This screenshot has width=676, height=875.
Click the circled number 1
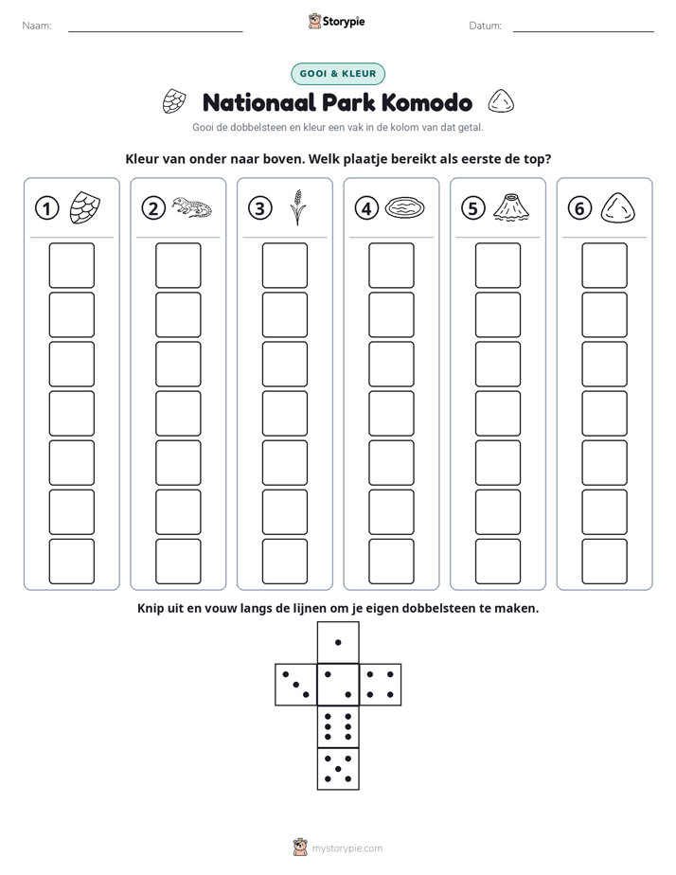46,208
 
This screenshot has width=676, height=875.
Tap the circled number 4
366,208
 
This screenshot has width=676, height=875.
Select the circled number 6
579,208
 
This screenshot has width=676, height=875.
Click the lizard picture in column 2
192,207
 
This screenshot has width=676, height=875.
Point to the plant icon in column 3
298,207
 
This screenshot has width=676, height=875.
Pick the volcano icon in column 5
511,207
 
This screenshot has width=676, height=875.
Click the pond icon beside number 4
404,207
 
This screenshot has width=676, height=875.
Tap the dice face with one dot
338,642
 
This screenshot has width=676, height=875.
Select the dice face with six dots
338,726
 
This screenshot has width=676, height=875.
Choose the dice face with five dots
338,769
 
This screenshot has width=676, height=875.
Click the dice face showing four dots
381,685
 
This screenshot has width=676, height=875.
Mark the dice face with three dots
296,685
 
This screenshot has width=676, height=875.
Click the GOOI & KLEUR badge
338,74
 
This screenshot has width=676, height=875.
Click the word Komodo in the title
427,102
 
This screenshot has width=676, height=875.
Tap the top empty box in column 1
71,265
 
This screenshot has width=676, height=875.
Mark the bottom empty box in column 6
604,562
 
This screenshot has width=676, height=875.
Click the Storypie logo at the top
337,22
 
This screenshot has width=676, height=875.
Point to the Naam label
37,26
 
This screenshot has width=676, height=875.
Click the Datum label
486,26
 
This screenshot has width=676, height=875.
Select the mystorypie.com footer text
347,848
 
